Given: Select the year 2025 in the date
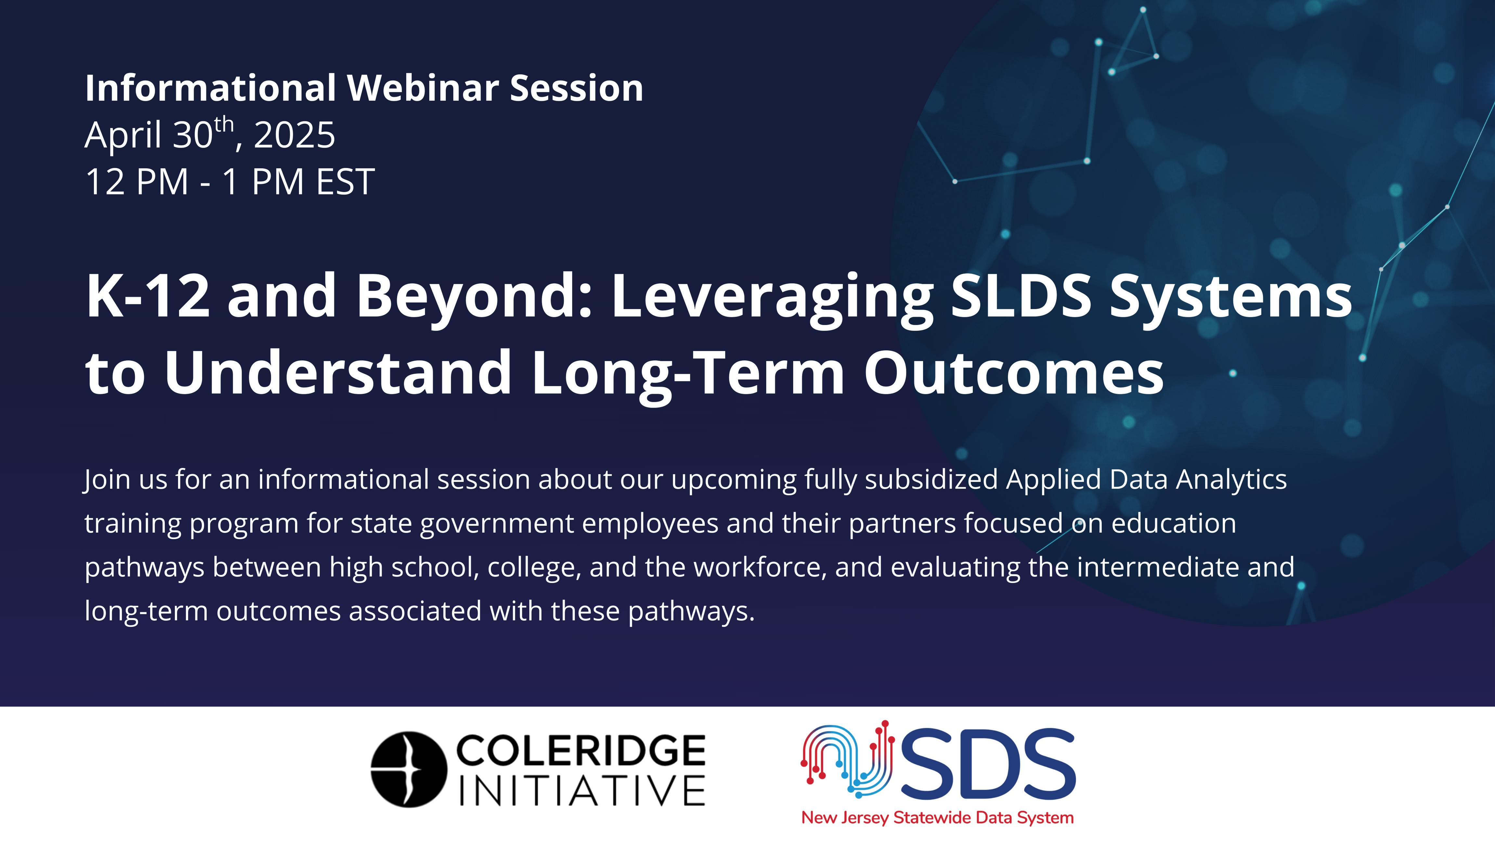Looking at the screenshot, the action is pyautogui.click(x=295, y=135).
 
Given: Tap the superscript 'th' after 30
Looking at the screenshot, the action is pyautogui.click(x=224, y=124).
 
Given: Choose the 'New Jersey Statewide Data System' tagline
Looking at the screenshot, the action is pyautogui.click(x=937, y=818).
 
